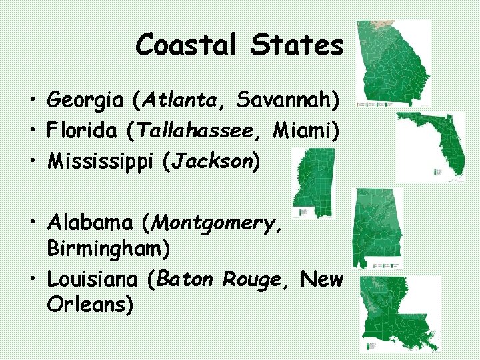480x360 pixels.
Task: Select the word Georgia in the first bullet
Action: click(x=86, y=101)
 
